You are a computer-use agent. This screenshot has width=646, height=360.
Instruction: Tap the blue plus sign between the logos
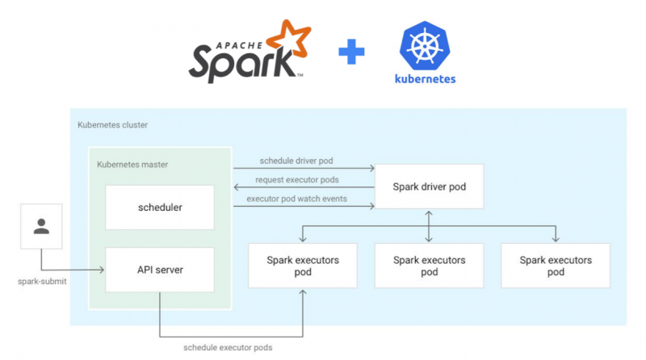tap(351, 54)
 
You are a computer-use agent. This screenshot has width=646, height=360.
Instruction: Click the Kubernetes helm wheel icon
tap(425, 45)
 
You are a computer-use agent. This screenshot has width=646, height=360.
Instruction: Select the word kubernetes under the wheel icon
tap(425, 79)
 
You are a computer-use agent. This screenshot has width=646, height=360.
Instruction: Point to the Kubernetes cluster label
tap(112, 125)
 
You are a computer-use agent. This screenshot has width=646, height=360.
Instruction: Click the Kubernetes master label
tap(132, 164)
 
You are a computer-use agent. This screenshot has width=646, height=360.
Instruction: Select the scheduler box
tap(159, 207)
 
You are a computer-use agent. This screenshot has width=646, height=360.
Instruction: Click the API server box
tap(159, 270)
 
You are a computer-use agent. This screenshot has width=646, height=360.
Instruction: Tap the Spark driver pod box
tap(429, 187)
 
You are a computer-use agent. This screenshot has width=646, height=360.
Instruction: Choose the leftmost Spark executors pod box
tap(302, 266)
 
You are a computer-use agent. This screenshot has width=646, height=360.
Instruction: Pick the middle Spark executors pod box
tap(429, 266)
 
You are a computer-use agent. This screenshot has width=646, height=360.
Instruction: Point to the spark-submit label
tap(41, 283)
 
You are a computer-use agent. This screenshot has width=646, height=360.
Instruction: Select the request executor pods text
tap(297, 179)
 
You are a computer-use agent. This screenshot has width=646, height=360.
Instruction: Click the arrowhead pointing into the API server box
tap(102, 270)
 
